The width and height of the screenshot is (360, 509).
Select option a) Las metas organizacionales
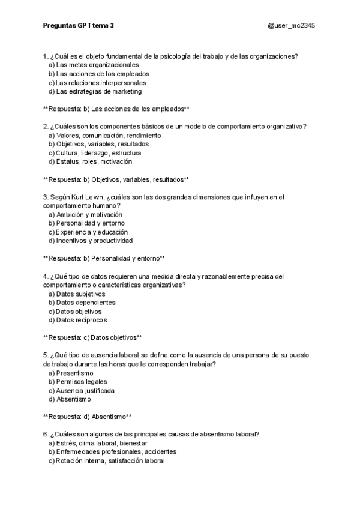point(94,65)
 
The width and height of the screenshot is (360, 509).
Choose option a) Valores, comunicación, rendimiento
point(104,136)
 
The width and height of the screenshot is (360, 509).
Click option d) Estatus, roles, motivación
point(91,161)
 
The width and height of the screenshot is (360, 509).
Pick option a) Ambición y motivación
point(85,214)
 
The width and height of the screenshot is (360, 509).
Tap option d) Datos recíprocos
point(77,321)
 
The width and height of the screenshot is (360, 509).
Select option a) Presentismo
point(71,373)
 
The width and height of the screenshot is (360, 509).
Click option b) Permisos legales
point(78,382)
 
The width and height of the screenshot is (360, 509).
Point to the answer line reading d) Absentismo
point(88,416)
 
